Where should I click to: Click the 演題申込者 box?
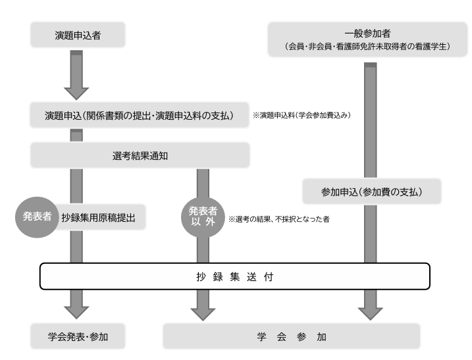(78, 35)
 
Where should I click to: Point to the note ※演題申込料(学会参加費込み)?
(302, 116)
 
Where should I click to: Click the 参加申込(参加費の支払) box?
(371, 192)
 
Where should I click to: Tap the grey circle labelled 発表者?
(34, 217)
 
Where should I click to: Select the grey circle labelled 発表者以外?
(199, 217)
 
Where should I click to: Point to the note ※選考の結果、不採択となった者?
(278, 219)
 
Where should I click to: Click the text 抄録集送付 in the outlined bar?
(235, 276)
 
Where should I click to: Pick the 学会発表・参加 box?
(78, 337)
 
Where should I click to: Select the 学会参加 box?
(292, 337)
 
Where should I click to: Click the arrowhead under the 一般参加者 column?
(371, 306)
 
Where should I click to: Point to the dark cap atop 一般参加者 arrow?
(371, 64)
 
